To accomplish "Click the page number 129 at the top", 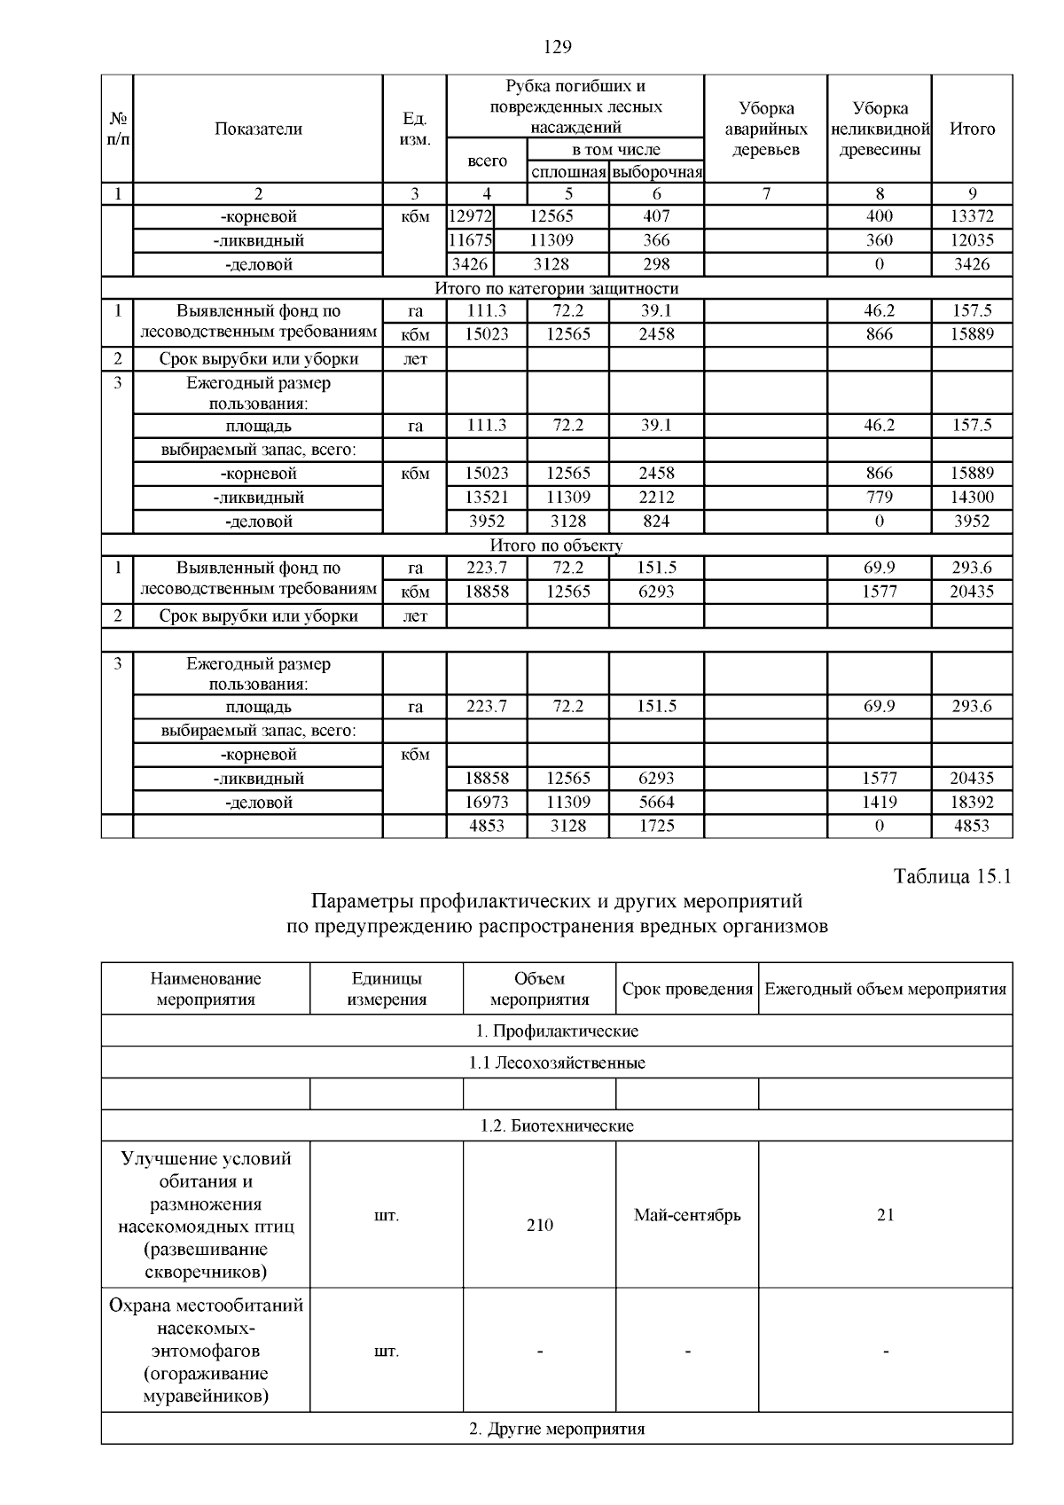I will point(557,47).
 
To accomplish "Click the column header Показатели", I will point(258,129).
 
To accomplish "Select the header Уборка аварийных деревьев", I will point(766,129).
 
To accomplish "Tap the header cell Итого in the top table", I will point(972,129).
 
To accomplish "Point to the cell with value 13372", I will point(972,216).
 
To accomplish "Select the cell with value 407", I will point(656,216).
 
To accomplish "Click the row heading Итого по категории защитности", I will point(557,288).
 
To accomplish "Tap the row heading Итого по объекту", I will point(557,545).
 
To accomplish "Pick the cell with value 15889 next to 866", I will point(972,334).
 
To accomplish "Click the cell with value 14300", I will point(972,498).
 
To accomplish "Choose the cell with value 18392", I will point(972,802).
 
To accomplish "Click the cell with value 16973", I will point(487,802).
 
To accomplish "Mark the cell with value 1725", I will point(656,826).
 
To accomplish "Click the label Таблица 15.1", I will point(952,877).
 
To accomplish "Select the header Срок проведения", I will point(687,989).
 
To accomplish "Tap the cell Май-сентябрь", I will point(687,1215).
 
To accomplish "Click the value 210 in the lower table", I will point(539,1225).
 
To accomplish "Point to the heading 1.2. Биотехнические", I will point(557,1125).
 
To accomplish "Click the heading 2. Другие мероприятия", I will point(557,1429).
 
